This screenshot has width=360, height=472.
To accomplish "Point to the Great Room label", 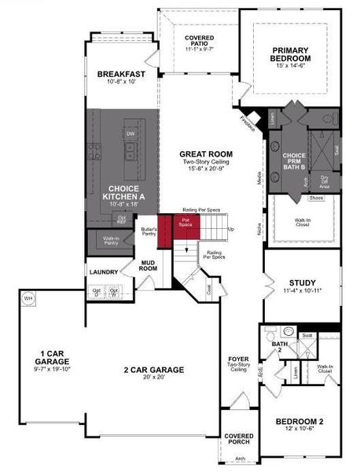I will click(x=204, y=154).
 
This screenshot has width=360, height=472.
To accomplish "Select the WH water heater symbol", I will click(x=28, y=299).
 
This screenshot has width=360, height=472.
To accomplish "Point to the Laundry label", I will click(x=103, y=273).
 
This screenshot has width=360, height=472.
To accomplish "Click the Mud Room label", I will click(x=149, y=265).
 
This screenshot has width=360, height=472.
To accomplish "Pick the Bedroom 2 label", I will click(x=299, y=422).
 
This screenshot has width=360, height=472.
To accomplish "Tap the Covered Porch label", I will click(x=238, y=438).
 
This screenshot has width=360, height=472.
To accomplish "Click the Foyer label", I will click(x=238, y=359).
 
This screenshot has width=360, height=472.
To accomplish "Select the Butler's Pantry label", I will click(x=149, y=232).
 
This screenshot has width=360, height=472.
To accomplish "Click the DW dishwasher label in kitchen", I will click(x=130, y=134).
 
